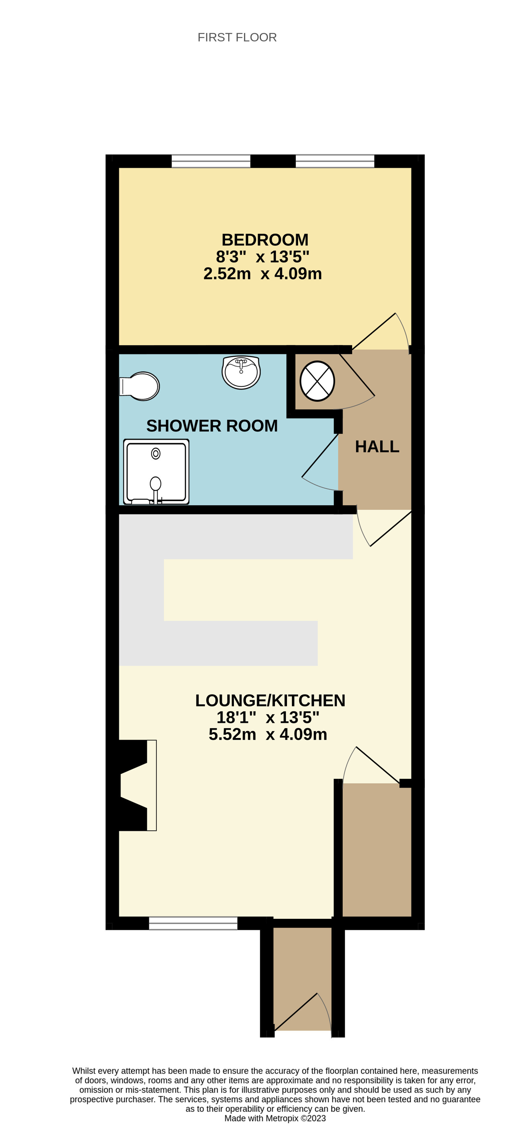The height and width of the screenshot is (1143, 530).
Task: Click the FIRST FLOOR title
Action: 237,37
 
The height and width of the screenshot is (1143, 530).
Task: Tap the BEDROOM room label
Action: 265,240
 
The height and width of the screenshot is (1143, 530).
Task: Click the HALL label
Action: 377,446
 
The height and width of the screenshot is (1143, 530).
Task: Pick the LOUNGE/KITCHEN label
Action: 270,700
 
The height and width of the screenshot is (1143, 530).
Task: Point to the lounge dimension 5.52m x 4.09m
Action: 268,734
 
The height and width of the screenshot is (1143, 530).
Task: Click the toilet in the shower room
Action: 139,386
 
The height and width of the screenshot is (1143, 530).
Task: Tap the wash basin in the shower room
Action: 241,372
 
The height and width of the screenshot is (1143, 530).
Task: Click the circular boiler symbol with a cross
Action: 317,381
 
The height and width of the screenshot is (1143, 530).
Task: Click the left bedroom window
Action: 211,161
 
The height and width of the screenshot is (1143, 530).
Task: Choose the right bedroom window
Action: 335,161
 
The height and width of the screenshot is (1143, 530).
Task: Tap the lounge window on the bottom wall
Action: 193,923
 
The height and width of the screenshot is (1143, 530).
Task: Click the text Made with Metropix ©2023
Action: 275,1118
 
